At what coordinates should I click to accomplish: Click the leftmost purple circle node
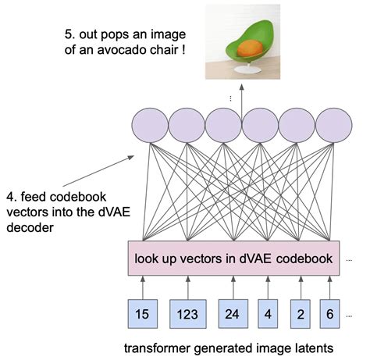coord(148,125)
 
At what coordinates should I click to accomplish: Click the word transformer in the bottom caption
coord(165,345)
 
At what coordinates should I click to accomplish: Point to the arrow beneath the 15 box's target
coord(142,286)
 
